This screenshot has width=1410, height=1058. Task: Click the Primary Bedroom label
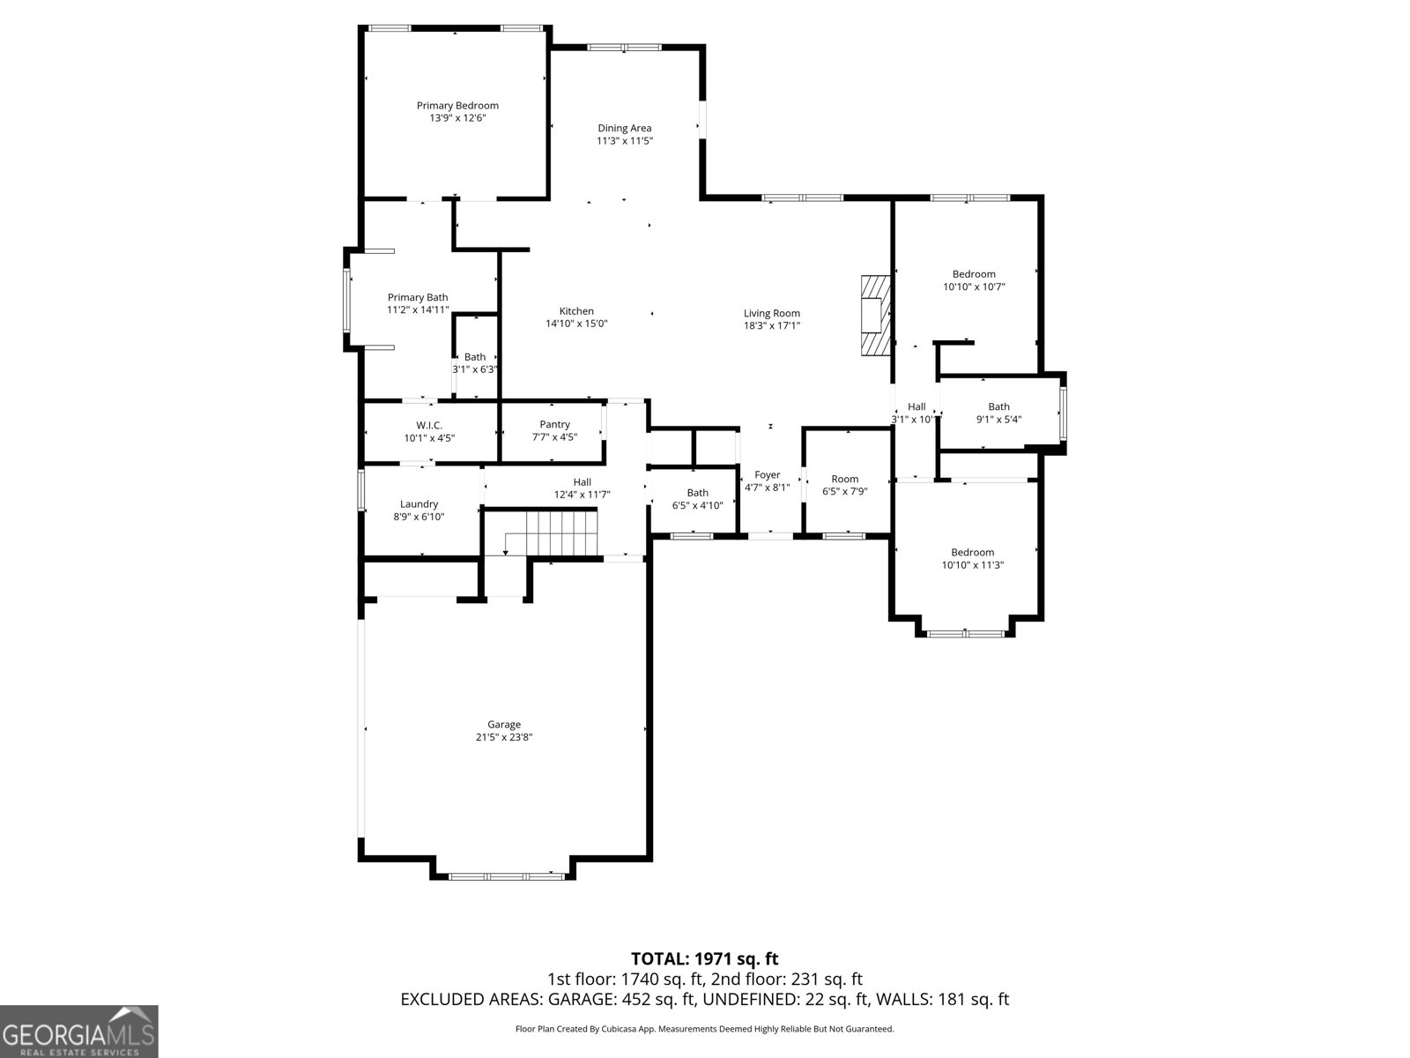(457, 105)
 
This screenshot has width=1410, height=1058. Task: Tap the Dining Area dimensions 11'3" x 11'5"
(625, 141)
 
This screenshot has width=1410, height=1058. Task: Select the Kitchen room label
(576, 311)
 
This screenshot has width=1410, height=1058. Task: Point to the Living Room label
(771, 314)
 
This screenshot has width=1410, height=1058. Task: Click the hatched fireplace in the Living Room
(876, 316)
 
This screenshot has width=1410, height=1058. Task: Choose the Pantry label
(554, 425)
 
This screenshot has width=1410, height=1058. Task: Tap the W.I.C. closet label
(429, 425)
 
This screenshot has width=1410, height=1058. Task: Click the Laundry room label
(419, 504)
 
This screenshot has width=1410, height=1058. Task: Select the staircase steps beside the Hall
(562, 533)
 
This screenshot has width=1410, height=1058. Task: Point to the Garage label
(503, 725)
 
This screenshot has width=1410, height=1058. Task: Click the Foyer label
(767, 474)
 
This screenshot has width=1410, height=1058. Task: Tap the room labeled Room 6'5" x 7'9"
(845, 485)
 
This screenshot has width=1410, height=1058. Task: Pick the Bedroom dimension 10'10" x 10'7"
(974, 287)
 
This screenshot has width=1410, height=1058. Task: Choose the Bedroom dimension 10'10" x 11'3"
(973, 565)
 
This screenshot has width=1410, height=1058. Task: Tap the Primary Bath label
(418, 297)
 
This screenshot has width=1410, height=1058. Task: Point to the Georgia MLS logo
(79, 1031)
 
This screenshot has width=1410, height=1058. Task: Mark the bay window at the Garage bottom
(506, 876)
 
